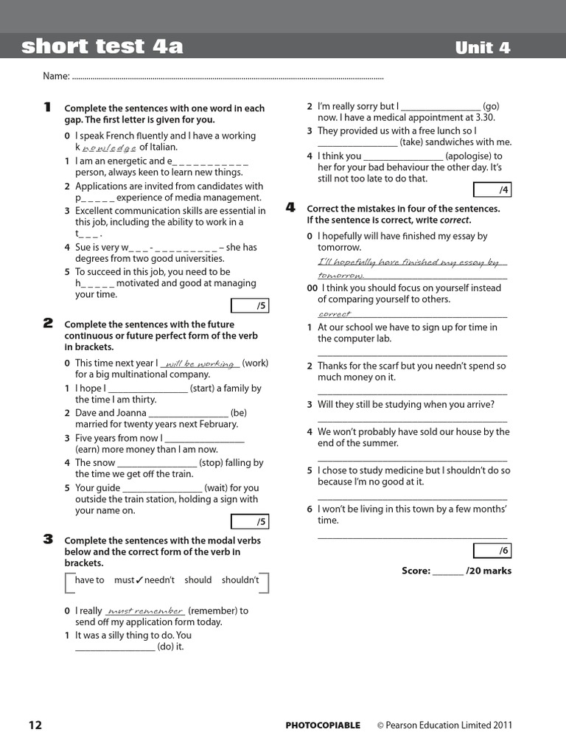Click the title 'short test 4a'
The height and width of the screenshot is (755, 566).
(102, 47)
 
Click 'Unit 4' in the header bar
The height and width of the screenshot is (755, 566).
(483, 48)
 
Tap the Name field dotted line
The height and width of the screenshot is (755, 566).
(228, 77)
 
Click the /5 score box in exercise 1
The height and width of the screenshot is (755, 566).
(250, 306)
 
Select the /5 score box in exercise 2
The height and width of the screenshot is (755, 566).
(250, 522)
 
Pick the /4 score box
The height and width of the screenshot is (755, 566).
(492, 190)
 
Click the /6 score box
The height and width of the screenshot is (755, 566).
(492, 551)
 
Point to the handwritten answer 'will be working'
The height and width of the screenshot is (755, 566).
(200, 363)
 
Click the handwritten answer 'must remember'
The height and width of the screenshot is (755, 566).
(145, 611)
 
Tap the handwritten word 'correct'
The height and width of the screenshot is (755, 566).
(335, 314)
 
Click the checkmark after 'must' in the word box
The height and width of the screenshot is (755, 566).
(139, 580)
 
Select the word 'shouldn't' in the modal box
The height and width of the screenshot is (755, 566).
(240, 580)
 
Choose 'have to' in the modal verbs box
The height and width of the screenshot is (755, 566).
(90, 580)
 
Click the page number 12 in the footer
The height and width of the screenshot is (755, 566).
(35, 725)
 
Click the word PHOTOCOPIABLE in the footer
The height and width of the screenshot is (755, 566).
(323, 726)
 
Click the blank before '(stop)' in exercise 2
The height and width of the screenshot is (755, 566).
(157, 464)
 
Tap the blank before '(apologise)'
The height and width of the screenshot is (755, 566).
(403, 156)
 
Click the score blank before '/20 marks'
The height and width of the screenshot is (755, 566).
(447, 571)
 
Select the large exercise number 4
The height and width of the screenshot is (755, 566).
(290, 208)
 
